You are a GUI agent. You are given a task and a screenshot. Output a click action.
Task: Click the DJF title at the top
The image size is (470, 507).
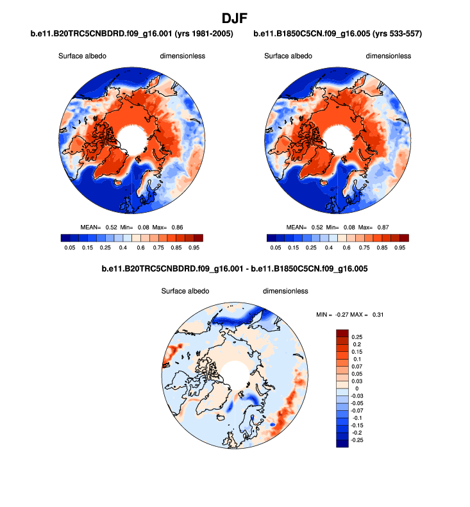pyautogui.click(x=235, y=18)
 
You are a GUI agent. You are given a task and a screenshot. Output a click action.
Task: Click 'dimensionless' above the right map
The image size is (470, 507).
pyautogui.click(x=388, y=56)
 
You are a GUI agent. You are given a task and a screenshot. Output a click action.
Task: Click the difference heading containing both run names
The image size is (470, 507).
pyautogui.click(x=235, y=270)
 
